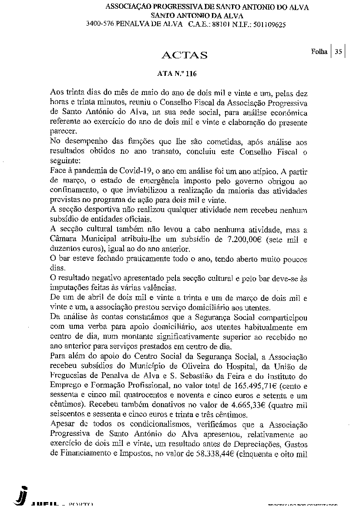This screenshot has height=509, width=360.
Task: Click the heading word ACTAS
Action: [x=184, y=55]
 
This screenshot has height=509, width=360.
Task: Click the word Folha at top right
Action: [x=319, y=52]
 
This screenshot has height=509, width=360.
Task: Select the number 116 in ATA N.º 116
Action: [x=191, y=74]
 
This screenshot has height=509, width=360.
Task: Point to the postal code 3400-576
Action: [x=100, y=24]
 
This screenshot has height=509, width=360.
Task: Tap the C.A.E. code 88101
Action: [x=222, y=24]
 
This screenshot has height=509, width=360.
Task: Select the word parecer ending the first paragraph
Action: [x=63, y=131]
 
